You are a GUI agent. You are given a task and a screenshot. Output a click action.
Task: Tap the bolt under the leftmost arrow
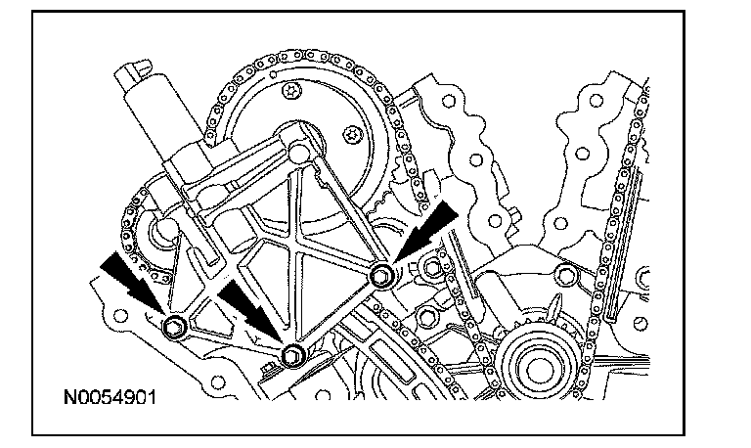pos(176,328)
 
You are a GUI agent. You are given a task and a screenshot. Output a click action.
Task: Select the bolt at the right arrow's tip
pos(382,276)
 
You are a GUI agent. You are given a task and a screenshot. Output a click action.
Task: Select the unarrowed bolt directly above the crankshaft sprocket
pos(563,275)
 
